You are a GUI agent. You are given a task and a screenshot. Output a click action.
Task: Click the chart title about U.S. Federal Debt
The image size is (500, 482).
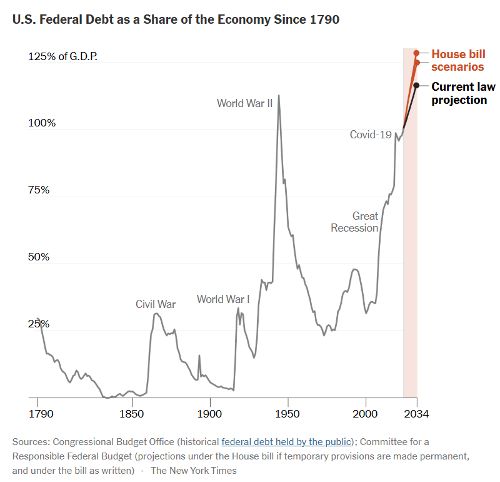coord(176,20)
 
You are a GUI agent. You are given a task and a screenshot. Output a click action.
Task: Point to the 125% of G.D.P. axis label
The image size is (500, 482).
coord(62,56)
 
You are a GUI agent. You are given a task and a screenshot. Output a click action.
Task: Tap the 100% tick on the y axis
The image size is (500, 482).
coord(42,123)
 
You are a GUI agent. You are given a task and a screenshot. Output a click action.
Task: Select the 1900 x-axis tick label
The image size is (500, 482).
coord(209,414)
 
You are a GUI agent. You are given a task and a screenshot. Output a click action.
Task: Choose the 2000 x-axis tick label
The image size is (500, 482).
coord(366,414)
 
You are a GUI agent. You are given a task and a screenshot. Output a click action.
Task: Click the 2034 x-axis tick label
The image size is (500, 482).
coord(417,414)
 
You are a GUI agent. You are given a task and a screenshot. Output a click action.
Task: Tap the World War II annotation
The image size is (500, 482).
coord(244,103)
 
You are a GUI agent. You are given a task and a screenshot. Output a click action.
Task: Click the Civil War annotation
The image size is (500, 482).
coord(156,304)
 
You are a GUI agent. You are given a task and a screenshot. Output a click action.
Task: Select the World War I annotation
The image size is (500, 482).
coord(223,299)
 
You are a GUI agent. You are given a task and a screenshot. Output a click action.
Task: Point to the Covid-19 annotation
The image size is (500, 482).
coord(371,135)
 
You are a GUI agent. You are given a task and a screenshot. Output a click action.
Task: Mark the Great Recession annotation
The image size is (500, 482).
coord(355,222)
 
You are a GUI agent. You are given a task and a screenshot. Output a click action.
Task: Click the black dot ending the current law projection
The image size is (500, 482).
coord(416,85)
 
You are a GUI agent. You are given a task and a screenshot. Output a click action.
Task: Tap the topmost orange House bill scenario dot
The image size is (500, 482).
coord(416,53)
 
